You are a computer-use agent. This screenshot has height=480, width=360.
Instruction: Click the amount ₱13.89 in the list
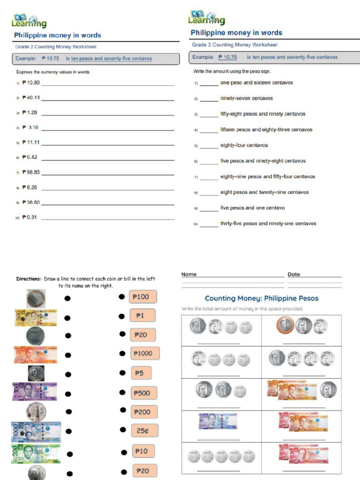(31, 82)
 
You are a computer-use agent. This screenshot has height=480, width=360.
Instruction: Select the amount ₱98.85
(31, 172)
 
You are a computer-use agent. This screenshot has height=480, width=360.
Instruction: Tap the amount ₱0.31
(29, 217)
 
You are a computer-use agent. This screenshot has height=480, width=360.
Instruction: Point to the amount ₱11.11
(31, 142)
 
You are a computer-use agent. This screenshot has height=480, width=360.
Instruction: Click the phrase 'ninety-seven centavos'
(246, 98)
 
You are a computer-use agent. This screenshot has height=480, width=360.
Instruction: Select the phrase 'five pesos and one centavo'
(252, 208)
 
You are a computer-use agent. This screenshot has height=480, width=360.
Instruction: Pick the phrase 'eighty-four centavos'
(244, 145)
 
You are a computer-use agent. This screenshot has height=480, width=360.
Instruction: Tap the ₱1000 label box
(145, 353)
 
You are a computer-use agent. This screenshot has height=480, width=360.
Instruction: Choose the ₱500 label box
(143, 393)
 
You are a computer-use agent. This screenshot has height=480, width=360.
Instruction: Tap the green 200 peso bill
(36, 453)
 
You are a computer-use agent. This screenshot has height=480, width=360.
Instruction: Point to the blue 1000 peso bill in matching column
(36, 432)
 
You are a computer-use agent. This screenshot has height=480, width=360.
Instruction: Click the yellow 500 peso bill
(36, 317)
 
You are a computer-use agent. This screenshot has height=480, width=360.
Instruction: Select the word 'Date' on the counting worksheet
(294, 274)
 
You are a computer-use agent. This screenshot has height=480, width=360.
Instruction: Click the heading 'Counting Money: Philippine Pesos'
(262, 298)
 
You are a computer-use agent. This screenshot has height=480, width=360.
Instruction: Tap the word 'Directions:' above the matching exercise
(29, 279)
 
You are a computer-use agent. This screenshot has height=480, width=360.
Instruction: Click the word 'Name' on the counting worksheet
(189, 274)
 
